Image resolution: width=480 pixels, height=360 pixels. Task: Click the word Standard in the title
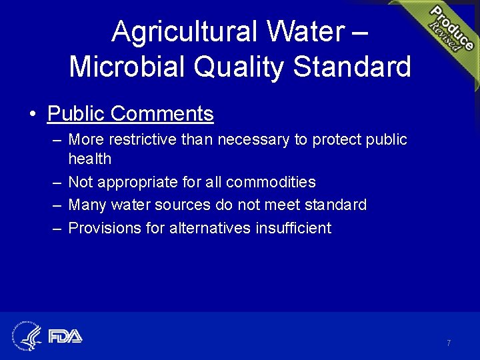pyautogui.click(x=352, y=67)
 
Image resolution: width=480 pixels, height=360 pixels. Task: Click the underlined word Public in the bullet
pyautogui.click(x=76, y=114)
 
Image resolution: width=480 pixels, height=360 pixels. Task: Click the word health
pyautogui.click(x=90, y=159)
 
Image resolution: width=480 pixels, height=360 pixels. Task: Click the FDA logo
pyautogui.click(x=65, y=335)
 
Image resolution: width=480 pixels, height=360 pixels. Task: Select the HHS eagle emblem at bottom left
pyautogui.click(x=27, y=335)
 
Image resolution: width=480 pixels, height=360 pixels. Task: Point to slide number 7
pyautogui.click(x=449, y=343)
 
